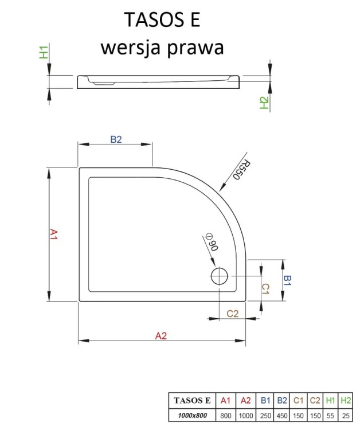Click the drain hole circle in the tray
click(x=220, y=277)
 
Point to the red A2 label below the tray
click(x=161, y=337)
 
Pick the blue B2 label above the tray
click(x=116, y=139)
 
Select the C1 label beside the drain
click(x=265, y=288)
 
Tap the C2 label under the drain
click(x=232, y=314)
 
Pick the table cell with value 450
click(x=281, y=415)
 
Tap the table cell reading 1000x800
click(x=193, y=415)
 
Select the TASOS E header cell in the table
click(x=193, y=400)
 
